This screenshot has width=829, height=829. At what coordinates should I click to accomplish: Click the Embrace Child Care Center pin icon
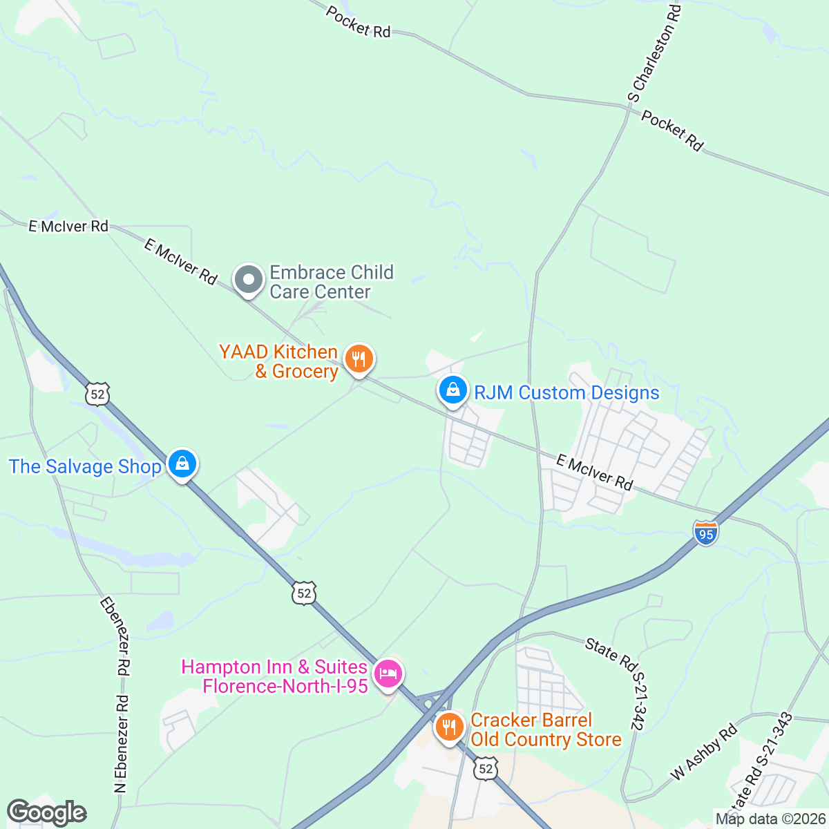[x=248, y=280]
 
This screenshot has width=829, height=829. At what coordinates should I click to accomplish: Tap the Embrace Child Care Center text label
[x=332, y=282]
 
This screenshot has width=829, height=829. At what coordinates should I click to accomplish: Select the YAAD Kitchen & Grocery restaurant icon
[x=359, y=359]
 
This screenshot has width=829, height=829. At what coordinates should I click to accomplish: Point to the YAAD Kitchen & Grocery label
[x=278, y=361]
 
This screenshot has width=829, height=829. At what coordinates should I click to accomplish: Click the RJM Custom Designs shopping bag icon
[x=452, y=390]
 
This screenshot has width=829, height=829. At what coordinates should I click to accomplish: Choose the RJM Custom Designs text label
[x=566, y=392]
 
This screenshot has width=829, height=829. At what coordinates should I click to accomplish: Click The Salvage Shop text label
[x=85, y=466]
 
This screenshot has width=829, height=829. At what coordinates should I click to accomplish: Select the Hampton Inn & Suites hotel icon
[x=388, y=674]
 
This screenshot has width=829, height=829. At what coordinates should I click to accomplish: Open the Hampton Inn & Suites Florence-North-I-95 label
[x=274, y=676]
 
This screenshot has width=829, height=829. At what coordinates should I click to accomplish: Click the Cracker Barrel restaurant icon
[x=449, y=727]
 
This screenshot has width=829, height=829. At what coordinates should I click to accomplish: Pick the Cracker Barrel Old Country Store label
[x=546, y=730]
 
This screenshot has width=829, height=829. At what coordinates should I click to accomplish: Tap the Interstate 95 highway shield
[x=706, y=533]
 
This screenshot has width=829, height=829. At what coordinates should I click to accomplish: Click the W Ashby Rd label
[x=704, y=752]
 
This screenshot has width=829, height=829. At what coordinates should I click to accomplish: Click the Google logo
[x=46, y=813]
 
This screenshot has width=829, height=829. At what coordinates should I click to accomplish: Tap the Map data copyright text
[x=771, y=819]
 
